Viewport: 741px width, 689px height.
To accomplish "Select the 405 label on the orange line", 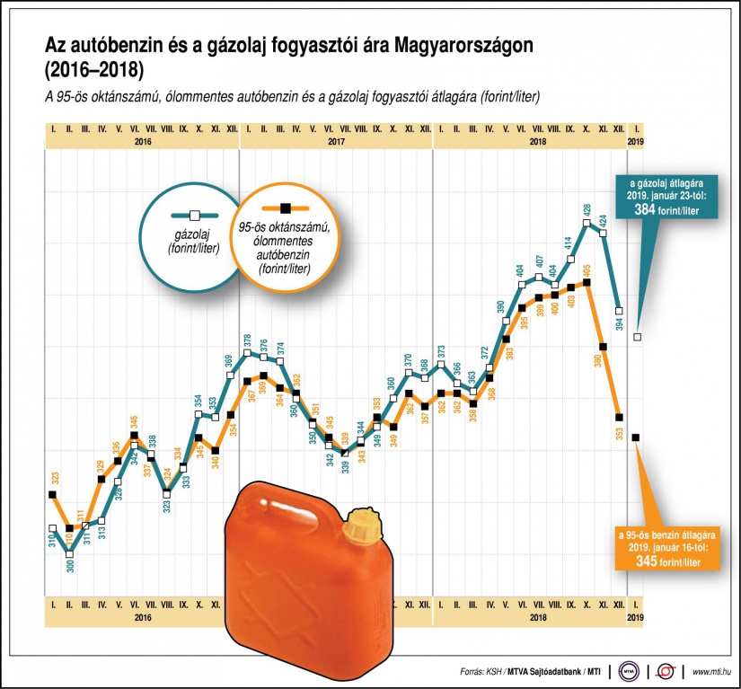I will pos(587,269).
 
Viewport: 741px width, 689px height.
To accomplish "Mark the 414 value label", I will pos(569,243).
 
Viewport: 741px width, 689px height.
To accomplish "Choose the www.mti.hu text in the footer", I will pos(710,671).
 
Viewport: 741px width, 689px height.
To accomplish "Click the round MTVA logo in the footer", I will pos(629,671).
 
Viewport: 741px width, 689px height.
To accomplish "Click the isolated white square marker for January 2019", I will pos(637,337).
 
